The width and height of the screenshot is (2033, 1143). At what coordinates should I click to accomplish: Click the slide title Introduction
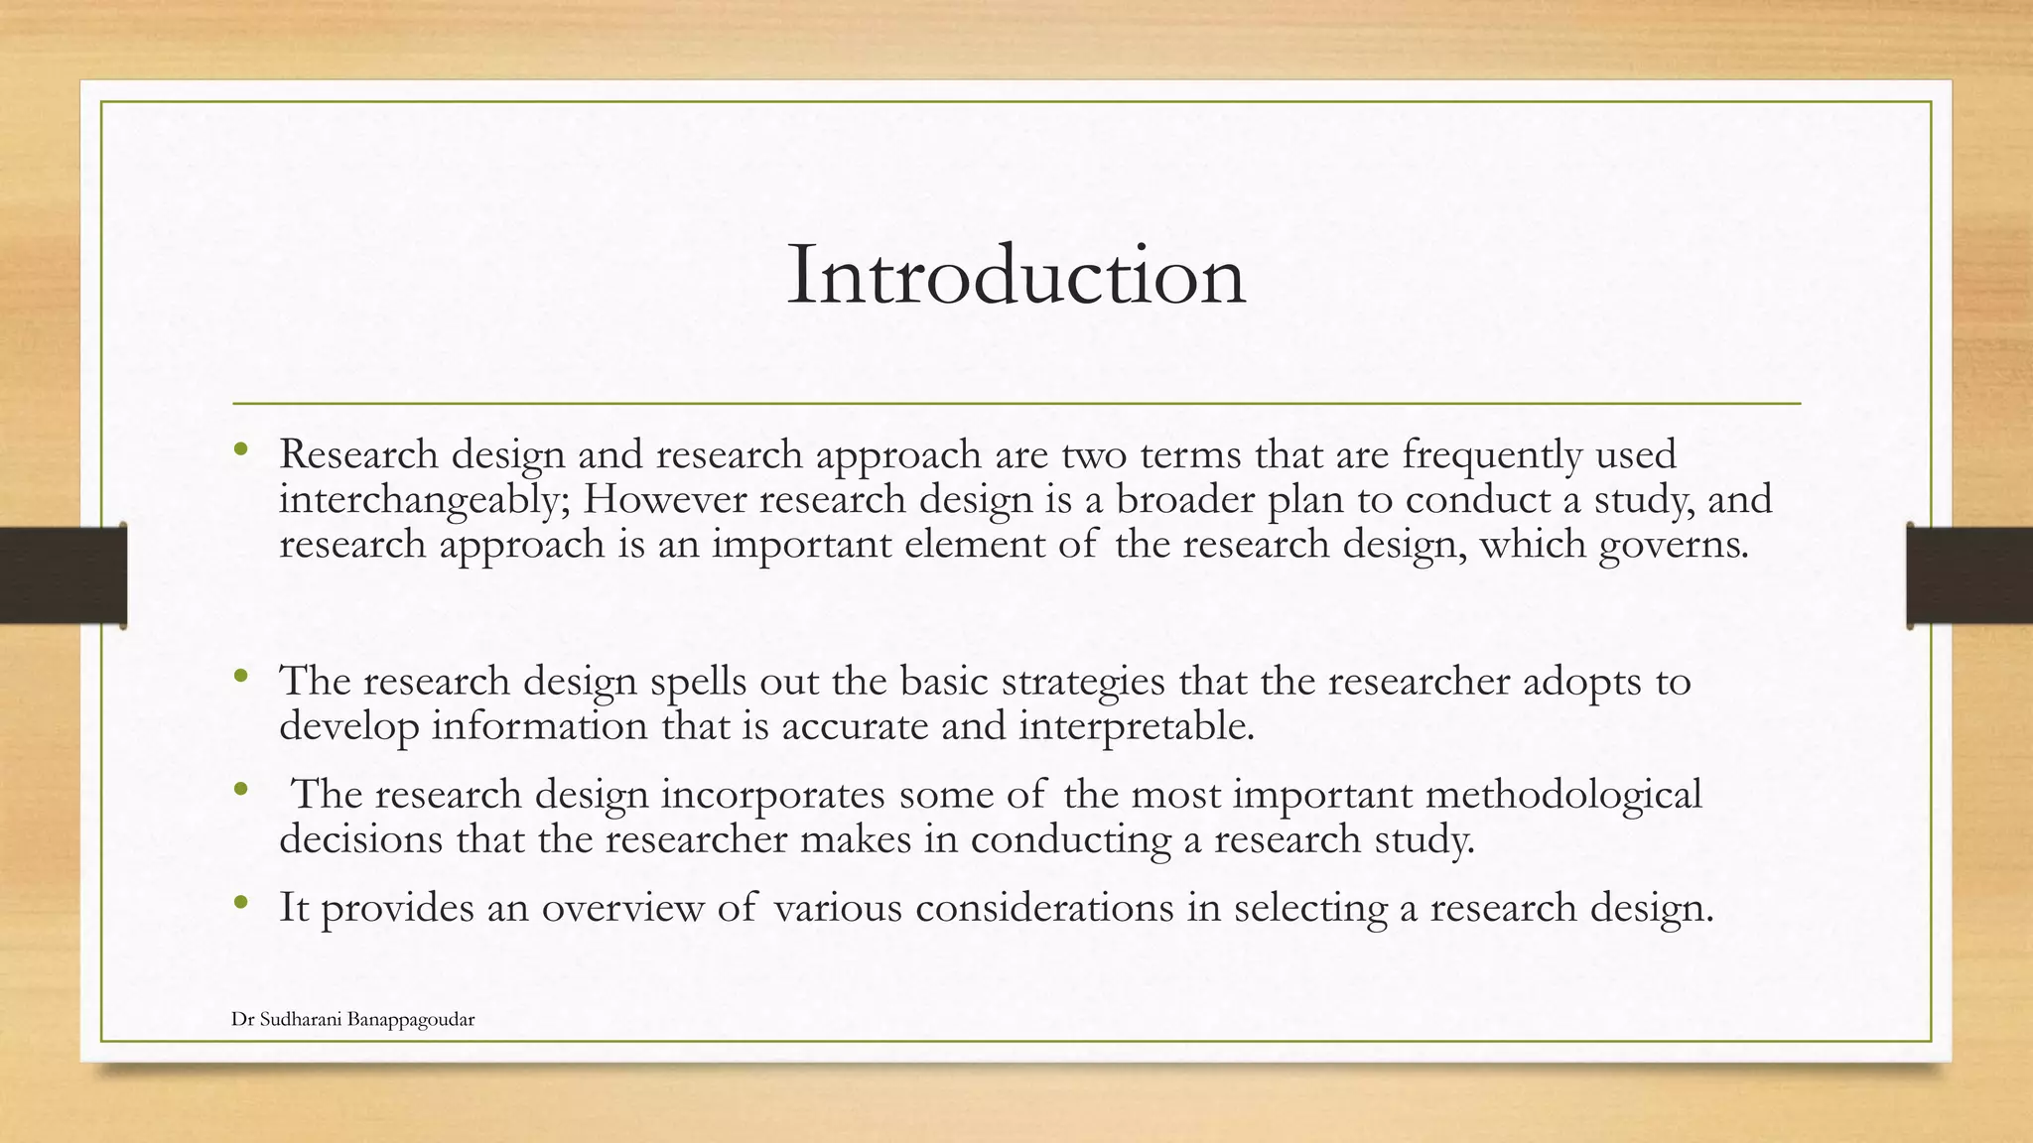tap(1016, 276)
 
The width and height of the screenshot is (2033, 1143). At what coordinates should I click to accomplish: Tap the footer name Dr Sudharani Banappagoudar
tap(352, 1020)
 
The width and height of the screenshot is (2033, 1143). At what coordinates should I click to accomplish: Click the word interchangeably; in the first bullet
tap(424, 499)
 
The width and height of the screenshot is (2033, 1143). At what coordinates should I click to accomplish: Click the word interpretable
tap(1137, 727)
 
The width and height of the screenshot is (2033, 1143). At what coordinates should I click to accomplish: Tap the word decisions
tap(361, 840)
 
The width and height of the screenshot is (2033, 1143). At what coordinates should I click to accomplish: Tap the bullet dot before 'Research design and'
tap(240, 449)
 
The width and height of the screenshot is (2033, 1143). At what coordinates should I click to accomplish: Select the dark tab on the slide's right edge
tap(1969, 575)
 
